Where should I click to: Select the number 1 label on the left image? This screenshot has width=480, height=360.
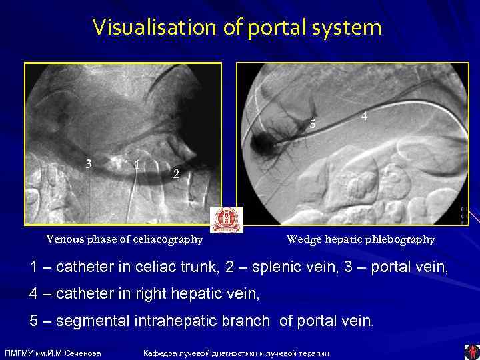pos(136,164)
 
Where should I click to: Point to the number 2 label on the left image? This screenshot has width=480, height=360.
pos(175,175)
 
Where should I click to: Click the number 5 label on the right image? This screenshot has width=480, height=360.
pos(313,123)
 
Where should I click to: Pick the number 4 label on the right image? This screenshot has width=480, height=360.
pos(364,115)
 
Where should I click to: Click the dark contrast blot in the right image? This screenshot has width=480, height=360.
pos(263,141)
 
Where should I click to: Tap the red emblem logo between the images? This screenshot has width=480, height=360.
pos(227,219)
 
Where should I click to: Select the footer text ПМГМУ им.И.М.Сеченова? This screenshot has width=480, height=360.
pos(53,353)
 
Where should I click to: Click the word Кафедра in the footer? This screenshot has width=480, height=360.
pos(161,353)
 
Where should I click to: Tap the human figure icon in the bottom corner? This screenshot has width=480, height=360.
pos(471,351)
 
